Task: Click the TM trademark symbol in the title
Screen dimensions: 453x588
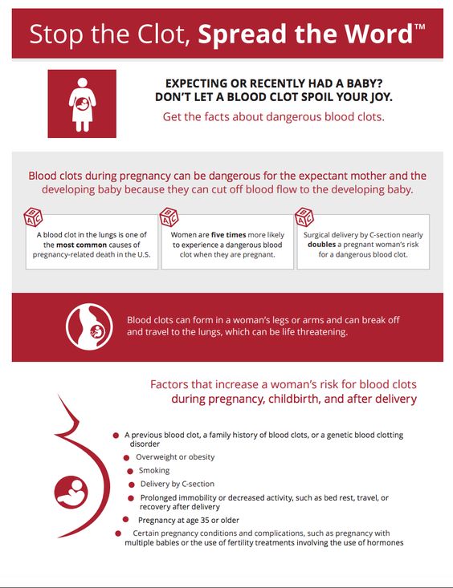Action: click(x=419, y=26)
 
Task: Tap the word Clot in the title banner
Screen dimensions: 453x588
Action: click(x=163, y=34)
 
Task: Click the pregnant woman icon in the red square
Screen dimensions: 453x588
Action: click(x=82, y=104)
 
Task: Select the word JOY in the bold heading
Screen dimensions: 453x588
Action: click(x=380, y=97)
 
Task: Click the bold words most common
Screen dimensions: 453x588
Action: click(x=81, y=245)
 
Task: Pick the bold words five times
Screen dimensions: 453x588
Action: click(x=228, y=235)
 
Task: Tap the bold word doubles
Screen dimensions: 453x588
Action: click(x=321, y=245)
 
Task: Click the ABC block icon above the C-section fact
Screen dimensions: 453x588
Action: click(x=304, y=217)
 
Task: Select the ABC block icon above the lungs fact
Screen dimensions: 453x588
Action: click(x=33, y=217)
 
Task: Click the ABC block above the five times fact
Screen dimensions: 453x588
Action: click(x=169, y=217)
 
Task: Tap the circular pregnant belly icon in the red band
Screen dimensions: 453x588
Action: click(x=89, y=326)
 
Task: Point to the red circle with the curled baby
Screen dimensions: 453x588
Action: click(x=71, y=493)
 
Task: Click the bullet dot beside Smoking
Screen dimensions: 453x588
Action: click(x=130, y=471)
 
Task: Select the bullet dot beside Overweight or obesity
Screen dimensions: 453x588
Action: click(x=127, y=458)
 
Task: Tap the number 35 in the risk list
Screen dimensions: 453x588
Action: click(x=205, y=520)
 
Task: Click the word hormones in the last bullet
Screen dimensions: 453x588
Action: click(x=385, y=542)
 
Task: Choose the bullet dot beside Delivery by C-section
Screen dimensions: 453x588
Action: click(x=132, y=485)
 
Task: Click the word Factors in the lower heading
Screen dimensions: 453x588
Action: click(x=169, y=384)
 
